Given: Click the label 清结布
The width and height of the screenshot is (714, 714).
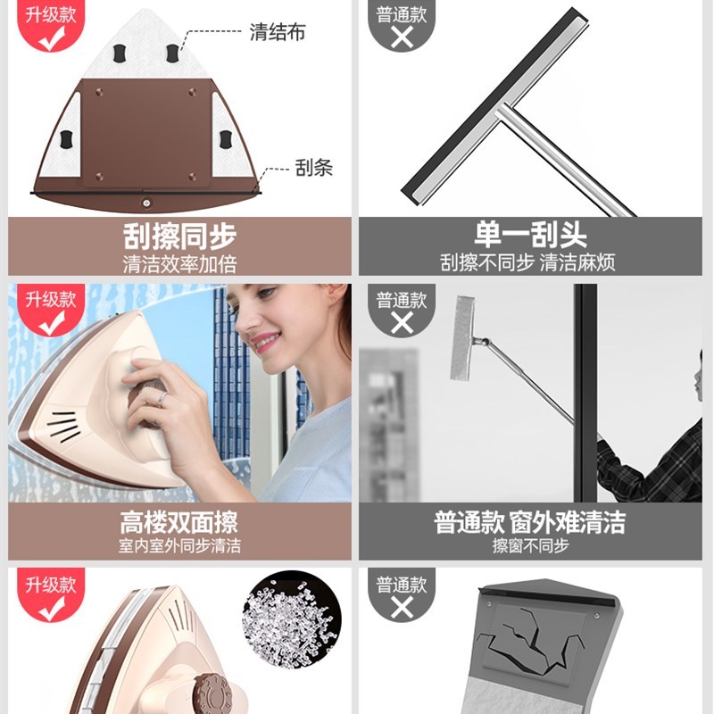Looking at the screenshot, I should (x=278, y=32).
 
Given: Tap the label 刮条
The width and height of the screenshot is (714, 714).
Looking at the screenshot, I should (x=313, y=168).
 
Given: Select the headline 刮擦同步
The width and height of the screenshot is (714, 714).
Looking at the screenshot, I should (x=179, y=237).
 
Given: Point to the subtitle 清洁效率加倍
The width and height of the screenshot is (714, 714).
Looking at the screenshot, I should (x=179, y=264).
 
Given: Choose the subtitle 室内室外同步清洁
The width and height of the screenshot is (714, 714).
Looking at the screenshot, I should (x=179, y=544).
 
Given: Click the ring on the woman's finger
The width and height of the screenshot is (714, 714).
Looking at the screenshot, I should (x=162, y=398).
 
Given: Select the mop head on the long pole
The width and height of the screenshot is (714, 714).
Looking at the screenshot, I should (x=462, y=329).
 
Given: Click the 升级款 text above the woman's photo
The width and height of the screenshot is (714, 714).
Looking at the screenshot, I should (x=50, y=299).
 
